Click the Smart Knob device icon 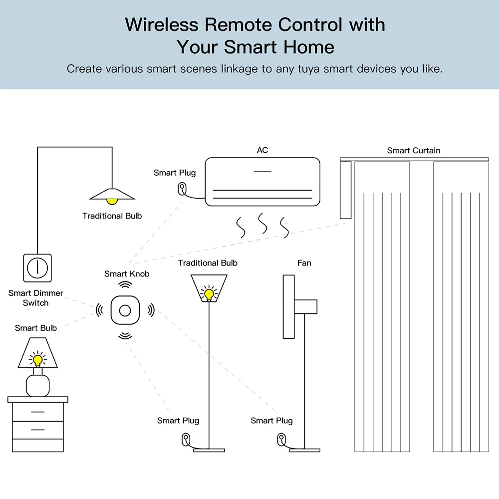(x=125, y=310)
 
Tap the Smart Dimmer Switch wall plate (x=37, y=268)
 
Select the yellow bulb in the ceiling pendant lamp (x=112, y=201)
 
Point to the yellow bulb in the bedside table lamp (x=37, y=359)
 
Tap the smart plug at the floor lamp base (x=186, y=440)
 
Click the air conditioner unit (x=262, y=182)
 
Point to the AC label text (x=262, y=150)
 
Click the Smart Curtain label (x=414, y=150)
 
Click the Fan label (x=304, y=263)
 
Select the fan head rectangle (x=288, y=306)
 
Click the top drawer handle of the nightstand (x=37, y=412)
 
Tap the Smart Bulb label (x=36, y=328)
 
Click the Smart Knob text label (x=127, y=273)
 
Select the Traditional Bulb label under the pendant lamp (x=112, y=216)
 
